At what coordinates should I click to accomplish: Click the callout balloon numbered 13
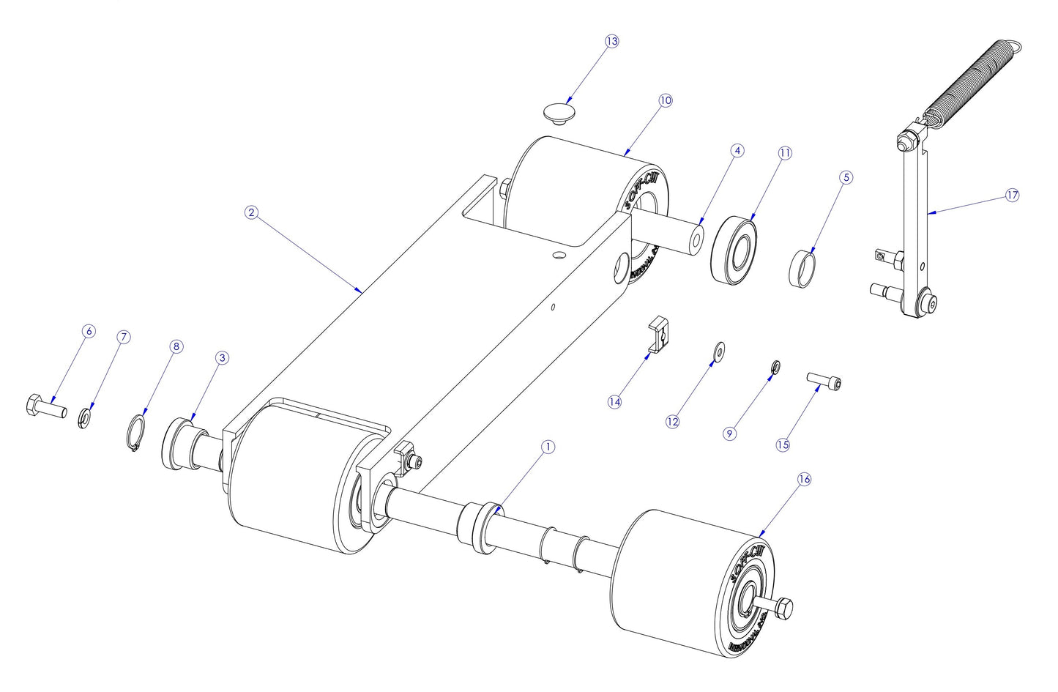click(x=611, y=41)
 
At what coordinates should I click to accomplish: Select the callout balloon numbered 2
click(x=251, y=212)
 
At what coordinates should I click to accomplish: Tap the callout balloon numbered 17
click(x=1012, y=195)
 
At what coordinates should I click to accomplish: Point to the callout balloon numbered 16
click(x=804, y=479)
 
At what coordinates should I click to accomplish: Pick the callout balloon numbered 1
click(x=547, y=447)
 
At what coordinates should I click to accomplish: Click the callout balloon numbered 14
click(x=614, y=401)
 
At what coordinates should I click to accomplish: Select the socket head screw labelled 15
click(x=824, y=381)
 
